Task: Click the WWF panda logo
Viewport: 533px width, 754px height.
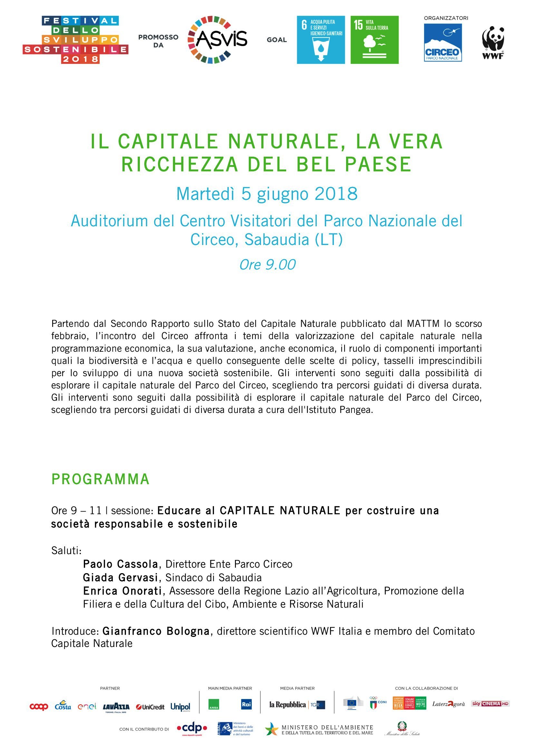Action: coord(493,43)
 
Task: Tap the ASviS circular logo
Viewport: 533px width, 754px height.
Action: coord(217,40)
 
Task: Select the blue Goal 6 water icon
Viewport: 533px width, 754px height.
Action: coord(321,40)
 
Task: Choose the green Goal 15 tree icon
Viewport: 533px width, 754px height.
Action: coord(374,40)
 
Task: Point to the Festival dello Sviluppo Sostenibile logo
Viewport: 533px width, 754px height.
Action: coord(75,40)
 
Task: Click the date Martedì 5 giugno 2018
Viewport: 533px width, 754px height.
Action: coord(266,194)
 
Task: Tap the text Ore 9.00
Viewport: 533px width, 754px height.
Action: coord(267,265)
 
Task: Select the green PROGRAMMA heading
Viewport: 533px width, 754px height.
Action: coord(101,479)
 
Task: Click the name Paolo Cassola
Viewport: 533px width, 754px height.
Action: coord(121,564)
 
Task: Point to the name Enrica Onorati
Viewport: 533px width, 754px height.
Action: coord(122,591)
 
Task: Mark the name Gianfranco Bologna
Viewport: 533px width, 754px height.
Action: coord(156,631)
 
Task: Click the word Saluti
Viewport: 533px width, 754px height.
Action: coord(66,550)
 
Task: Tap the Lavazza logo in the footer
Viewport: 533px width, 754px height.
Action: coord(116,707)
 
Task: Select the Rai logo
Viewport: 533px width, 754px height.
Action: coord(246,704)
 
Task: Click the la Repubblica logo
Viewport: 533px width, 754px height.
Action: coord(287,704)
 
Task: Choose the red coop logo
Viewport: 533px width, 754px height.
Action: coord(39,707)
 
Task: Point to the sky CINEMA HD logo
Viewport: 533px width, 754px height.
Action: coord(490,703)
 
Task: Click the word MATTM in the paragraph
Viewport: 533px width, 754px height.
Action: coord(423,324)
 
